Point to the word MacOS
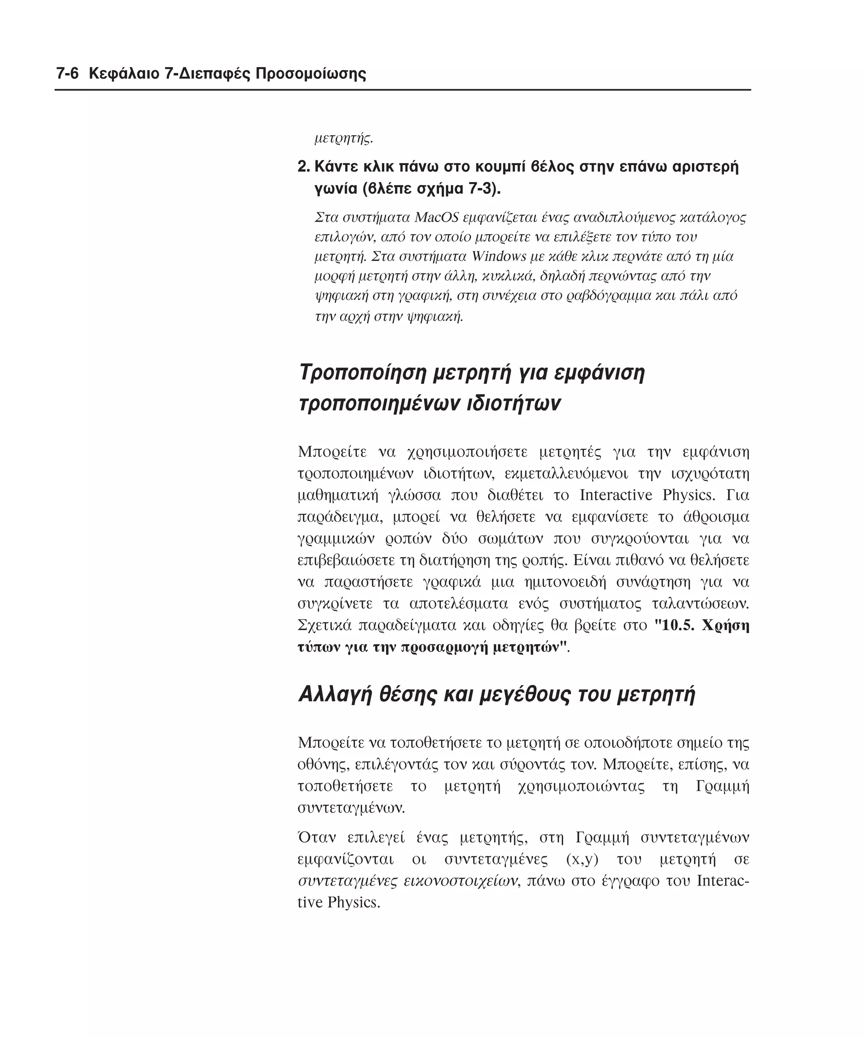pyautogui.click(x=436, y=217)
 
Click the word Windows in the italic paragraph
pyautogui.click(x=499, y=256)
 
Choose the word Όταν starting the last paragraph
pyautogui.click(x=317, y=838)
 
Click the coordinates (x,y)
pyautogui.click(x=582, y=859)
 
